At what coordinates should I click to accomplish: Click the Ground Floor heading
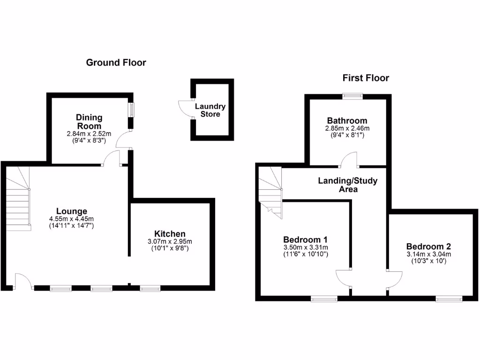pos(116,62)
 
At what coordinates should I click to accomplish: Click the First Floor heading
pos(366,78)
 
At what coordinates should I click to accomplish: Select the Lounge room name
pos(71,211)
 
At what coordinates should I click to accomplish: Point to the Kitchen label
pos(170,233)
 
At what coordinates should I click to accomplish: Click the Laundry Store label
pos(210,110)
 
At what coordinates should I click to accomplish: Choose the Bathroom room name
pos(347,120)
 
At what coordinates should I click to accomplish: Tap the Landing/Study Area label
pos(348,185)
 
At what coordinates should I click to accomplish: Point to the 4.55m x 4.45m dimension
pos(71,218)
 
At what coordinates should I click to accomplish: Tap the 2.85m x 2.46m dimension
pos(347,128)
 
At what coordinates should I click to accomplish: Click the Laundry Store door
pos(185,109)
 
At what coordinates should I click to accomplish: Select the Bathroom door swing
pos(349,159)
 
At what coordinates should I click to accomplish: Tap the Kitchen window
pos(150,288)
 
